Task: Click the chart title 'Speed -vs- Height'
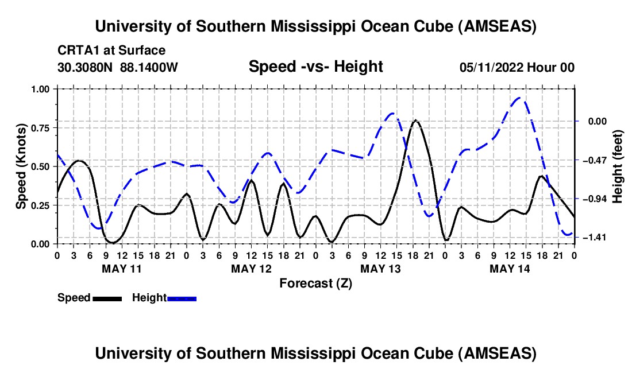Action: click(x=315, y=67)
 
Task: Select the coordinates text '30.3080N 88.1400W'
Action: click(x=118, y=68)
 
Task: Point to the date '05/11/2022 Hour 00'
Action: click(x=517, y=68)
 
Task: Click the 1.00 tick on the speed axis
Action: click(x=40, y=89)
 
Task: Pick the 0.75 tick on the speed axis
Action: click(x=40, y=128)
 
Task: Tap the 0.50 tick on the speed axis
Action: click(x=40, y=166)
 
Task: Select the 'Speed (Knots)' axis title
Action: click(x=21, y=166)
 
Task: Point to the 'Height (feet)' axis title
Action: click(x=618, y=166)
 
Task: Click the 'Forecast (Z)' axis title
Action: click(x=315, y=283)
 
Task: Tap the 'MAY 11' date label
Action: click(x=121, y=268)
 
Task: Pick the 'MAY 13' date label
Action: click(x=380, y=268)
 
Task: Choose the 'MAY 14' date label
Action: click(x=509, y=268)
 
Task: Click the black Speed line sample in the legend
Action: click(x=107, y=298)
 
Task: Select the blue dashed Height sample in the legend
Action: click(x=182, y=298)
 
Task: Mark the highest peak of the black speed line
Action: click(x=415, y=121)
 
